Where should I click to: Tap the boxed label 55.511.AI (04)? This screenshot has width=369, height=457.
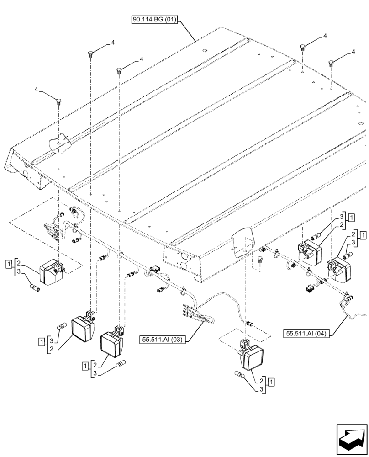[306, 333]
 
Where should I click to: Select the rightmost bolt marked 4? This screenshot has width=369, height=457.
[330, 64]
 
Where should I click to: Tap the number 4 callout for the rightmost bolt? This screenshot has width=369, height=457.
[353, 53]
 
